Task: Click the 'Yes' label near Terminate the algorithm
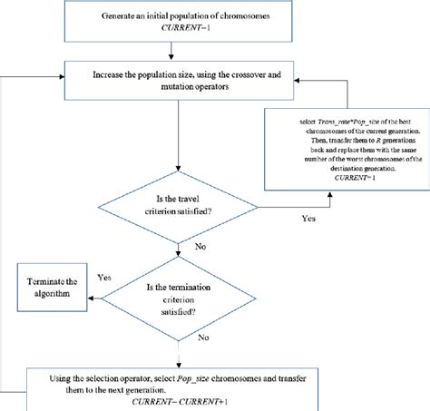(103, 279)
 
